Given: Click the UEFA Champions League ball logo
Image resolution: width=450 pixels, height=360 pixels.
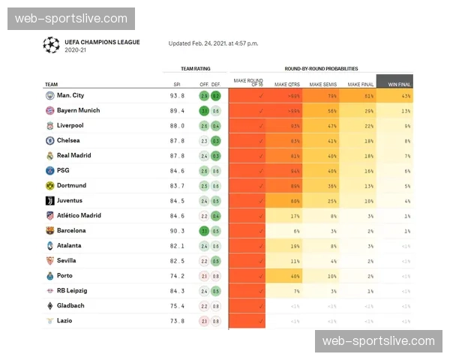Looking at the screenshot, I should point(51,45).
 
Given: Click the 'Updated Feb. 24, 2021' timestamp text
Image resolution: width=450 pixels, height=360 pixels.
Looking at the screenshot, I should point(213,43).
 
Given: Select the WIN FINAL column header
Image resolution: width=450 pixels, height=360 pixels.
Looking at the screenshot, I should point(394,84).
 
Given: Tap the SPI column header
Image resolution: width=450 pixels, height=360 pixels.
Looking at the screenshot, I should point(177,84).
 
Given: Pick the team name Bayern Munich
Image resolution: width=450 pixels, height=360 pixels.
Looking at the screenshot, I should point(78,110).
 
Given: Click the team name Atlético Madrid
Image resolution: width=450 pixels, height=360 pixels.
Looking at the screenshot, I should point(79,215).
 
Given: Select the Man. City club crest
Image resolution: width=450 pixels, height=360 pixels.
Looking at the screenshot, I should point(49,95).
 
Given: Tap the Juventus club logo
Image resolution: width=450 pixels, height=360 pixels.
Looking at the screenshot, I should point(49,200).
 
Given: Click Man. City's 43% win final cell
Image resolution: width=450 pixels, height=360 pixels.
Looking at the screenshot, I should point(406,95).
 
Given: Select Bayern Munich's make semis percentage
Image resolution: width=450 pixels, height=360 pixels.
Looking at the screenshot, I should point(331,110).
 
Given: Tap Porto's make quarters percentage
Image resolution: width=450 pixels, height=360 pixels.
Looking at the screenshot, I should point(295,275).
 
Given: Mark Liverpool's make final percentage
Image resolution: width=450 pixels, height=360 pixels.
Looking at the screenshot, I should point(368,125).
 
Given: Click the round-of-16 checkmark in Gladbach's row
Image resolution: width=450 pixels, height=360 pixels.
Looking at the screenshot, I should point(260,305).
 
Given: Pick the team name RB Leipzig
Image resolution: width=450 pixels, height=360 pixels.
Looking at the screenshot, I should point(72,290).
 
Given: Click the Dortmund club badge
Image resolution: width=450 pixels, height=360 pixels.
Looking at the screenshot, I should point(49,185).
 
